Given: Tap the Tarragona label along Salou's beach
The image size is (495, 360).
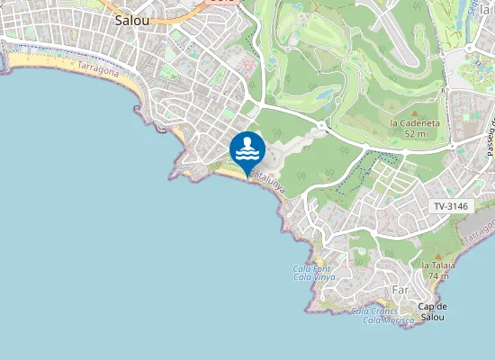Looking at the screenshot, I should pyautogui.click(x=98, y=68).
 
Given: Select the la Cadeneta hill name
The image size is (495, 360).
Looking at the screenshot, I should pyautogui.click(x=414, y=122).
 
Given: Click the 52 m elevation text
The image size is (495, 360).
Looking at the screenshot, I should pyautogui.click(x=415, y=133).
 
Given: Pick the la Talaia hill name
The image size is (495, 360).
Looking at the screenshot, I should pyautogui.click(x=438, y=265).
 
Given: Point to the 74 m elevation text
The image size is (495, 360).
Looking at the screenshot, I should pyautogui.click(x=438, y=276).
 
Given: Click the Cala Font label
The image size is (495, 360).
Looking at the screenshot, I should pyautogui.click(x=312, y=268).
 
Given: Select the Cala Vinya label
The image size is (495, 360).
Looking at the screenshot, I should pyautogui.click(x=314, y=277).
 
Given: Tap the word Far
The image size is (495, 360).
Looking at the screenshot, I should pyautogui.click(x=401, y=290).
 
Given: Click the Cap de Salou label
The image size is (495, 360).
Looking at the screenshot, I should pyautogui.click(x=434, y=311).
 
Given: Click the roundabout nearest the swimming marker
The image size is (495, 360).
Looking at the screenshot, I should pyautogui.click(x=322, y=123).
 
